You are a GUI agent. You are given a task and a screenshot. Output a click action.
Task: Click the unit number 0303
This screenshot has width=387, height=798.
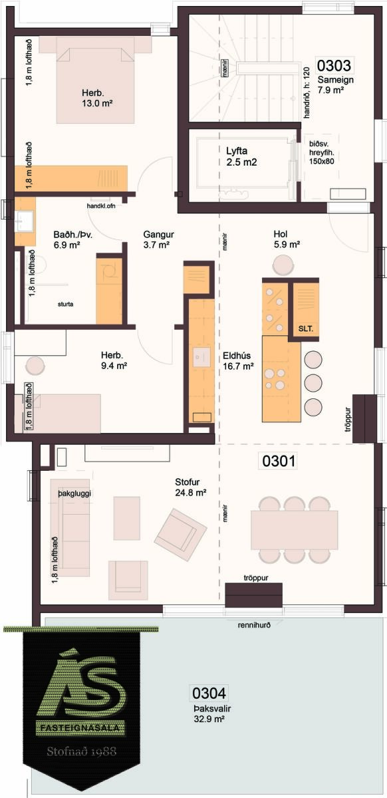point(334,66)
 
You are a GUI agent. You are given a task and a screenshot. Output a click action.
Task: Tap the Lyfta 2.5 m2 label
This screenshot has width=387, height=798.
point(241,157)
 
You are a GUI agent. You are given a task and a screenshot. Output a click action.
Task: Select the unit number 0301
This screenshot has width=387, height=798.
point(279,461)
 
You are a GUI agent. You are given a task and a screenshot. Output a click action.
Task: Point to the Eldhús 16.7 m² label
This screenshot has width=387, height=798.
point(238,360)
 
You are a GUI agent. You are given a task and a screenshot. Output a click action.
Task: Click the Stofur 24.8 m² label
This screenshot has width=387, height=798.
point(191,487)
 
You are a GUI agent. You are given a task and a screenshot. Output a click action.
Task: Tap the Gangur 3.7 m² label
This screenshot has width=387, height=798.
point(158,239)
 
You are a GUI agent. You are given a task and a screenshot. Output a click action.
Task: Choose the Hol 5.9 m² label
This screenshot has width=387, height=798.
point(287,239)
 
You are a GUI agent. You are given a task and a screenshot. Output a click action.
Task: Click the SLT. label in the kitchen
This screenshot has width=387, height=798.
point(306,329)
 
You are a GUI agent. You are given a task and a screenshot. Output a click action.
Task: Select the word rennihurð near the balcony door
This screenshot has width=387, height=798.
point(254,625)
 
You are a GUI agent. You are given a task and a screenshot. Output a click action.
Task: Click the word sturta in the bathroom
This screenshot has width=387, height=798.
point(66,304)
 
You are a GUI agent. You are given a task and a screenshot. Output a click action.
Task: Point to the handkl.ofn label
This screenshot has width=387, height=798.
point(101,206)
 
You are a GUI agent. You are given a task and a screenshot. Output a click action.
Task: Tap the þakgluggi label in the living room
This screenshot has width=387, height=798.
point(74,493)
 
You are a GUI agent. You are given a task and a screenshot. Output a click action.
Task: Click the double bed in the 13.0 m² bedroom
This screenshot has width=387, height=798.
point(96,86)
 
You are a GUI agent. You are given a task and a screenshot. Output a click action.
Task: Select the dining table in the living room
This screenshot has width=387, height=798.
point(295,530)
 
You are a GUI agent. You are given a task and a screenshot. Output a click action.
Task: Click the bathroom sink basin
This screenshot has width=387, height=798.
point(24,221)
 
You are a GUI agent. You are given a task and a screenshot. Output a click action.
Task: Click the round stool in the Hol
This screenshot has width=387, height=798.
point(283,265)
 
